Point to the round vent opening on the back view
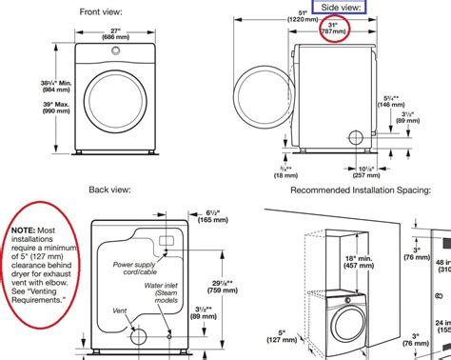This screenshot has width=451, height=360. coord(140,334)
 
